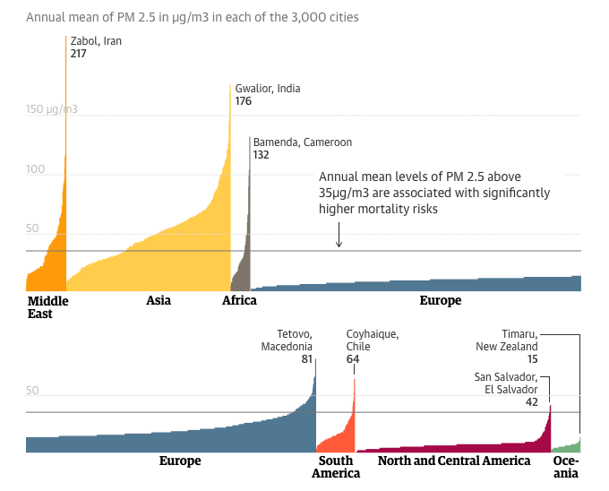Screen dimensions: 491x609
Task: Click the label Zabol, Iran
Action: (x=95, y=40)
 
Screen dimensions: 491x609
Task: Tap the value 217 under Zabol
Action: (x=79, y=54)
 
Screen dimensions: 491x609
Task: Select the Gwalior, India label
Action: (x=268, y=89)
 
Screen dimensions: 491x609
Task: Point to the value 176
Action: (x=244, y=101)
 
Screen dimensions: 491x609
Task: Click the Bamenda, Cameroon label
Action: (x=303, y=142)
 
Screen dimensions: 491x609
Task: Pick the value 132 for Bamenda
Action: (x=262, y=155)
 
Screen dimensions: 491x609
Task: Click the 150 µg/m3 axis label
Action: (x=52, y=109)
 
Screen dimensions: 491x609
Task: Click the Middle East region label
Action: (x=47, y=307)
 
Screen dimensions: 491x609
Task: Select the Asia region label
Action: (x=159, y=301)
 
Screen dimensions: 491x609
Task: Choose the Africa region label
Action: (x=239, y=301)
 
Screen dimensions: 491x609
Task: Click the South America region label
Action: (x=336, y=467)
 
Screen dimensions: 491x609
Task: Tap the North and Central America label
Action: (x=454, y=461)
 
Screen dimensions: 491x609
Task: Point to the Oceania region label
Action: (x=566, y=467)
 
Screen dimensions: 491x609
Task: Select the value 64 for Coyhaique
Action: (x=353, y=359)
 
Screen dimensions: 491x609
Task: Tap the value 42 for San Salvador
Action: (x=530, y=403)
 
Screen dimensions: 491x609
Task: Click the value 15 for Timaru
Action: (x=531, y=359)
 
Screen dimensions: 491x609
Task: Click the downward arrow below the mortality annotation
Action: (x=339, y=236)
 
